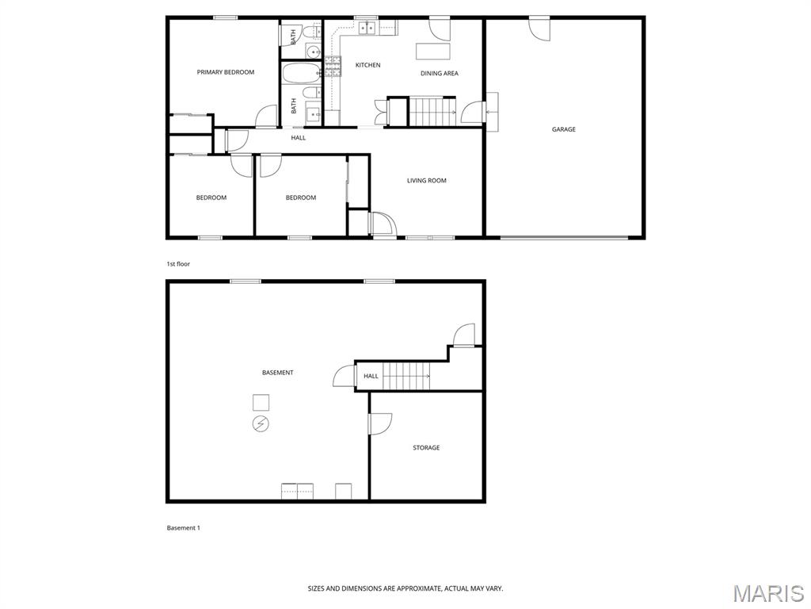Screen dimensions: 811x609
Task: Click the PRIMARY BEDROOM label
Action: click(226, 72)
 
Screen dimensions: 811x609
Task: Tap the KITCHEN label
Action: click(367, 65)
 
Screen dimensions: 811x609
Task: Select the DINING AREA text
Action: click(439, 74)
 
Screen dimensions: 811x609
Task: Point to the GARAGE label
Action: click(563, 129)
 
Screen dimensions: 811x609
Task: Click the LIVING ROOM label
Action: click(426, 181)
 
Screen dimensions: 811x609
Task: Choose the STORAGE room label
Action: click(426, 447)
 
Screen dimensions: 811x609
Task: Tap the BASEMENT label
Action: click(278, 373)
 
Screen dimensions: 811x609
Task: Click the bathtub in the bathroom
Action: click(300, 74)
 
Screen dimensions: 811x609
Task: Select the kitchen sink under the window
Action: click(367, 28)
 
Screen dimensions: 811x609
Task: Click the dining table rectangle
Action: click(433, 52)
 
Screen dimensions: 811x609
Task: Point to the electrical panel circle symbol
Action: click(261, 424)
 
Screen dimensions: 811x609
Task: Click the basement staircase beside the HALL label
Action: click(406, 375)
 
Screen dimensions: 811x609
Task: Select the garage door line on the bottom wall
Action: click(564, 238)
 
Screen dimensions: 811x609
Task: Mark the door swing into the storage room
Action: click(380, 424)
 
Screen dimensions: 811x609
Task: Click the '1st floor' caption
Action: click(178, 264)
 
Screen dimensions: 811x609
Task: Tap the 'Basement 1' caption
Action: click(183, 528)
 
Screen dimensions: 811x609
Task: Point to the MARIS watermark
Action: click(768, 593)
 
